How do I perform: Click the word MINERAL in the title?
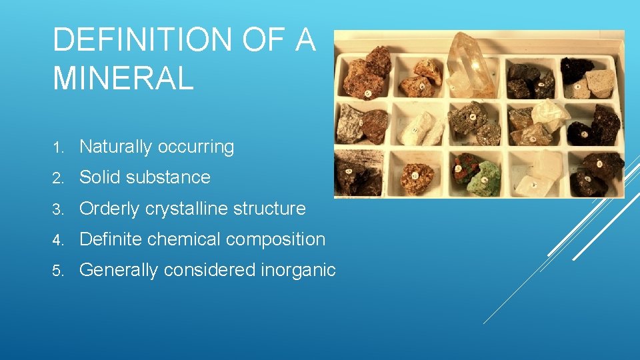click(123, 77)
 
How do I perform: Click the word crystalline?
click(185, 209)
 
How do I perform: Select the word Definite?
click(112, 239)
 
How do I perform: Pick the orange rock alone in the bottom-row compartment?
click(417, 177)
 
